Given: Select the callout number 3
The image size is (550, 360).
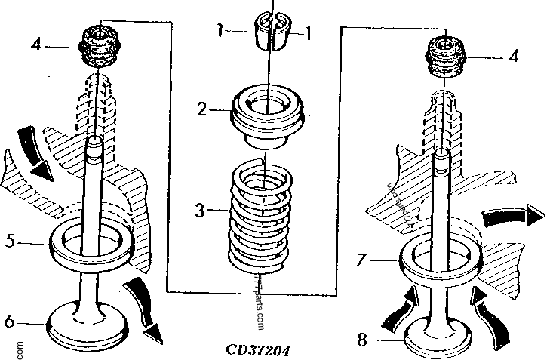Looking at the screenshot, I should coord(200,209).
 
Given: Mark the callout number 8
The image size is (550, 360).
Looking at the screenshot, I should coord(363,340).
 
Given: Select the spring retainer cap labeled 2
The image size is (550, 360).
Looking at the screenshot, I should coord(267,113).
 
